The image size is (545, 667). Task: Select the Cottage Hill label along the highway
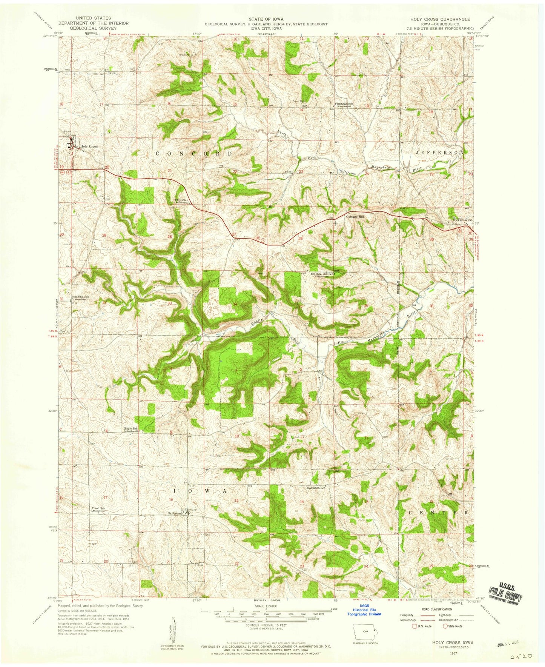pyautogui.click(x=356, y=217)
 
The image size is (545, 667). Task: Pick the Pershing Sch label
pyautogui.click(x=80, y=297)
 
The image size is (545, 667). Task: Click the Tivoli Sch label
pyautogui.click(x=97, y=508)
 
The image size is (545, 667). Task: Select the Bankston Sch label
pyautogui.click(x=316, y=488)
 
